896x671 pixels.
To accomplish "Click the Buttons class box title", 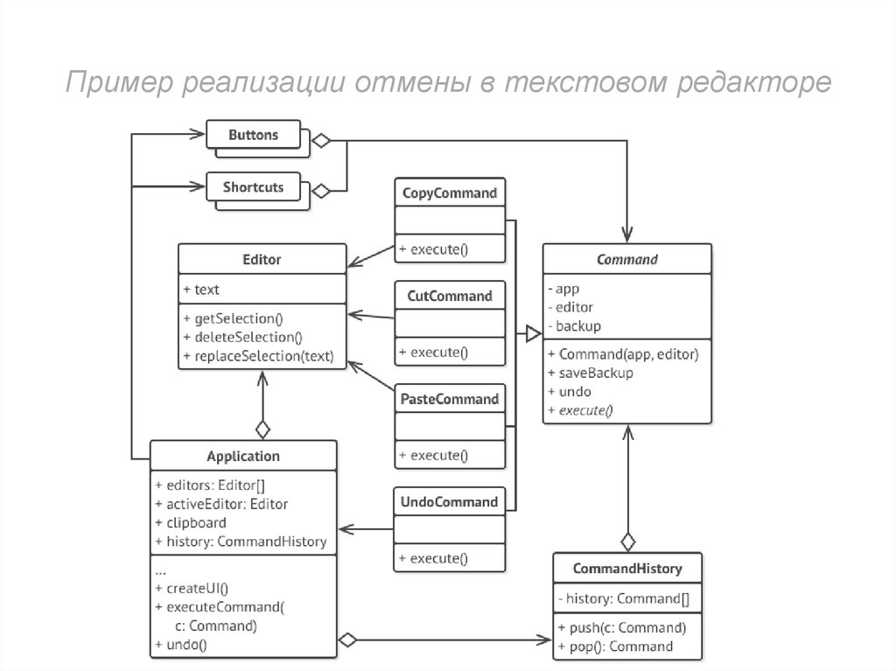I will [253, 135].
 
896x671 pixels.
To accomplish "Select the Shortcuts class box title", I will [253, 186].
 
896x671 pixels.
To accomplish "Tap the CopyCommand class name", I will [450, 192].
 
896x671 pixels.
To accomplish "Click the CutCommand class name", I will [450, 296].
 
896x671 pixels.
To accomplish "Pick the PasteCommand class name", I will [450, 399].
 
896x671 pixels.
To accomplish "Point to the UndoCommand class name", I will [450, 502].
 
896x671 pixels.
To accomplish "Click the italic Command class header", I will [626, 260].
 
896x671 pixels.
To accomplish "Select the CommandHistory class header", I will [626, 569].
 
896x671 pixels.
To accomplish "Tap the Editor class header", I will [262, 260].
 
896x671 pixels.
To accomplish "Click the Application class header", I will [243, 456].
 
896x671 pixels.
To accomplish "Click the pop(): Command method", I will [615, 647].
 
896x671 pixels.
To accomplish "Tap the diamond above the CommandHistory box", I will [627, 541].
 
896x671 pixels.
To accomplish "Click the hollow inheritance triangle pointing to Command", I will [533, 332].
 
